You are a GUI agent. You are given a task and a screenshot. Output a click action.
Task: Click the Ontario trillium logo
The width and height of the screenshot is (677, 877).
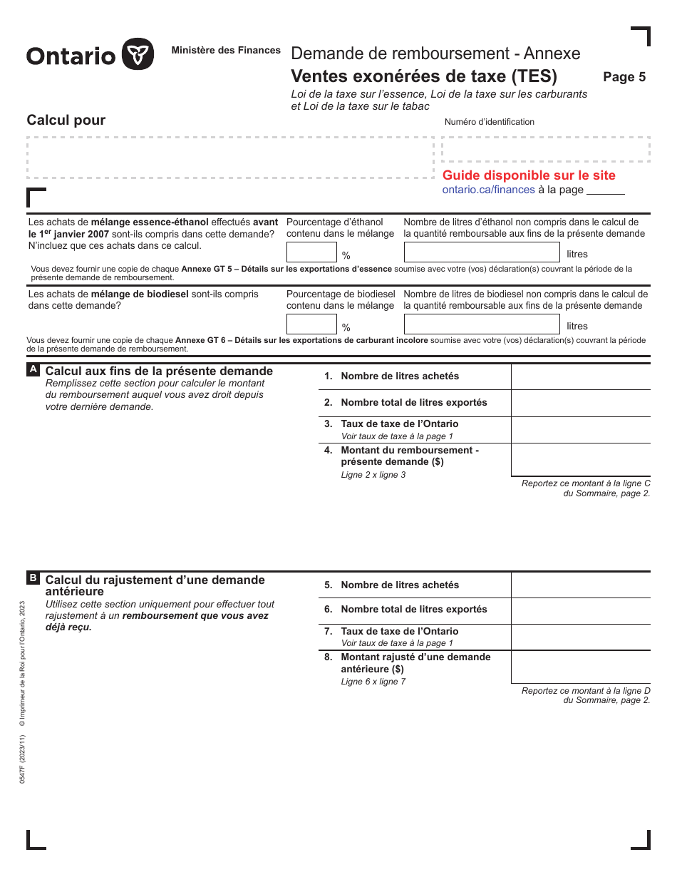[x=138, y=54]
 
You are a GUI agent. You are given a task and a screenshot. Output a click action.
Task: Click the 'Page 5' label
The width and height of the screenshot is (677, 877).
[x=624, y=77]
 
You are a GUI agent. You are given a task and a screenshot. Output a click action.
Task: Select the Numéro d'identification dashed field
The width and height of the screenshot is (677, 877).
[x=545, y=149]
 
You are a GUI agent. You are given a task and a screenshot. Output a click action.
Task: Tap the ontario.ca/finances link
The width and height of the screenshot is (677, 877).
[x=488, y=190]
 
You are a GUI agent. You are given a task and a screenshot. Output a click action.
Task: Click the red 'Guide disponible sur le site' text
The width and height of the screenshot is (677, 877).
[x=529, y=175]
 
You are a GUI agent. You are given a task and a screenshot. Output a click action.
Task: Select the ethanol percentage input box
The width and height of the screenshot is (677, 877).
[x=311, y=252]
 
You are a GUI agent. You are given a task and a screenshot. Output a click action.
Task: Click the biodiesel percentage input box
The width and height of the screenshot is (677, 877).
[x=311, y=324]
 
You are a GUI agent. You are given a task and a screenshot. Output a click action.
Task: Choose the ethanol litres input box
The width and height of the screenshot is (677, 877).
[x=482, y=252]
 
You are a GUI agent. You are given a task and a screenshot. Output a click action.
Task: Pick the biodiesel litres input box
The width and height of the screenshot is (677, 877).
[x=482, y=324]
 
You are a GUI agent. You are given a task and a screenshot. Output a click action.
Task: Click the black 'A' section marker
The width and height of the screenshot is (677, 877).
[x=33, y=370]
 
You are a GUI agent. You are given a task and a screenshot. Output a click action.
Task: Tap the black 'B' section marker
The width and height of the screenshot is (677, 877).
[x=33, y=578]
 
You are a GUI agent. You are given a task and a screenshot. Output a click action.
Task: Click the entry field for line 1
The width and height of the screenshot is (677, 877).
[x=580, y=376]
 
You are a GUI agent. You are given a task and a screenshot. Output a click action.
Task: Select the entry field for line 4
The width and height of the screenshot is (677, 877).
[x=580, y=460]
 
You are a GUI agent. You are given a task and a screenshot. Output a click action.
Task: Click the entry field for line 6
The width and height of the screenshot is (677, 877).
[x=580, y=610]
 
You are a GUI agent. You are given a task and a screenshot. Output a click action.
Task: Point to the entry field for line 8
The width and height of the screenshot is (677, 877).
[x=580, y=667]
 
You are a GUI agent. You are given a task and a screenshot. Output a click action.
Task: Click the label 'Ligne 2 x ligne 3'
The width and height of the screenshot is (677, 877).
[x=373, y=475]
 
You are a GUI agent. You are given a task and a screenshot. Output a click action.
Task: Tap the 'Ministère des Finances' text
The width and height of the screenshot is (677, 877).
[x=226, y=51]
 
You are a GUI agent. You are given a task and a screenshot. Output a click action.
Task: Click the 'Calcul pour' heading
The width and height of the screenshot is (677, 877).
[x=66, y=120]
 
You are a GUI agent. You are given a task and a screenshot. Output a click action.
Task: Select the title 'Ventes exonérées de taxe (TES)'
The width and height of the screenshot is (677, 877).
[x=424, y=76]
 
